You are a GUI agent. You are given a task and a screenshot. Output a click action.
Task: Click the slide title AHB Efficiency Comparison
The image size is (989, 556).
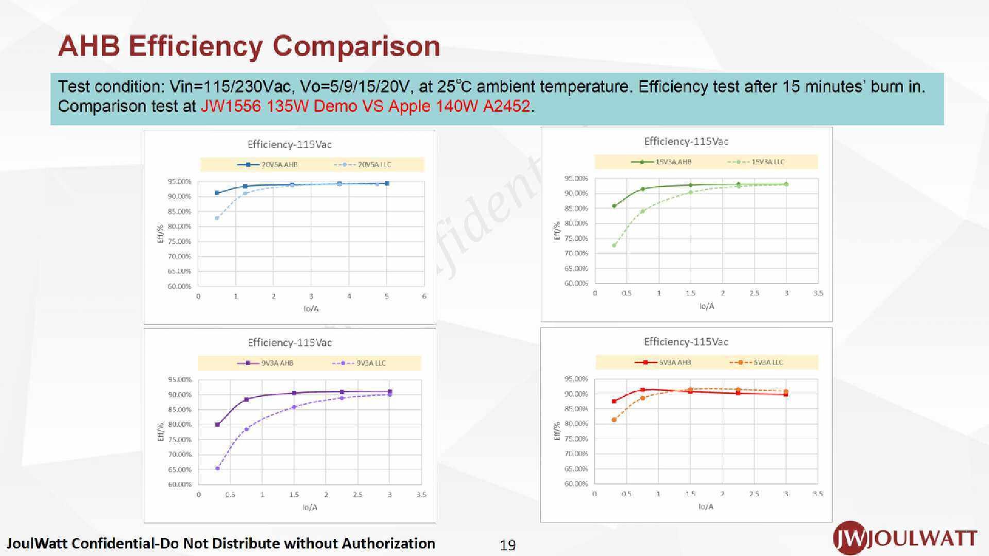tap(249, 46)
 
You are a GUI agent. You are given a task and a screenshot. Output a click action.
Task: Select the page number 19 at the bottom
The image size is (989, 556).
tap(507, 545)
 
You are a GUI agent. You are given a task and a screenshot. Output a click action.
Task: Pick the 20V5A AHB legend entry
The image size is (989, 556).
tap(267, 165)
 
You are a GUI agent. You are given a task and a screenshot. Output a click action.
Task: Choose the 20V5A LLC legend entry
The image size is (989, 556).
tap(363, 165)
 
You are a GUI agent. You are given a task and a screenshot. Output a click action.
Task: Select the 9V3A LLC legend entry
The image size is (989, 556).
tap(359, 363)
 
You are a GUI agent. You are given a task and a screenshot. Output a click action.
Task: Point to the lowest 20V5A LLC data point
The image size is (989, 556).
tap(217, 218)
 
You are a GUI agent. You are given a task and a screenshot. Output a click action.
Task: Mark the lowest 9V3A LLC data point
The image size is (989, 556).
tap(217, 468)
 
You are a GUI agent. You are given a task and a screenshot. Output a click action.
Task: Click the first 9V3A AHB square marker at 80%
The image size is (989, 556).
tap(217, 425)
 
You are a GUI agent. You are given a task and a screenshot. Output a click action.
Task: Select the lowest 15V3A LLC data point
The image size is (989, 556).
tap(614, 245)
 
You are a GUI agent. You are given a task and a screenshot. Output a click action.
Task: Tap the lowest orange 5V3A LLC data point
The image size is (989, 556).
tap(614, 420)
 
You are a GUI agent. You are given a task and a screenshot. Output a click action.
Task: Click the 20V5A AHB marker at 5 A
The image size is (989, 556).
tap(387, 183)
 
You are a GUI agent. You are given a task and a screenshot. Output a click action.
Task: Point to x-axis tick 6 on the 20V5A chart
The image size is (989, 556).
tap(424, 297)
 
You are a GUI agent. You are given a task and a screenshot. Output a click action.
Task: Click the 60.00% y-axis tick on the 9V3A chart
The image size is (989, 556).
tap(180, 484)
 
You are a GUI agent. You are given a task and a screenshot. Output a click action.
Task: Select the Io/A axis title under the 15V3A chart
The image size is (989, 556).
tap(706, 306)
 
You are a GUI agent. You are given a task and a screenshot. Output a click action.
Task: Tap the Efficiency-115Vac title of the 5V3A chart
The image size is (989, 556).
tap(686, 342)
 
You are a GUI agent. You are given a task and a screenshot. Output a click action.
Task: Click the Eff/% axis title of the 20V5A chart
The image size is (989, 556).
tap(160, 234)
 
